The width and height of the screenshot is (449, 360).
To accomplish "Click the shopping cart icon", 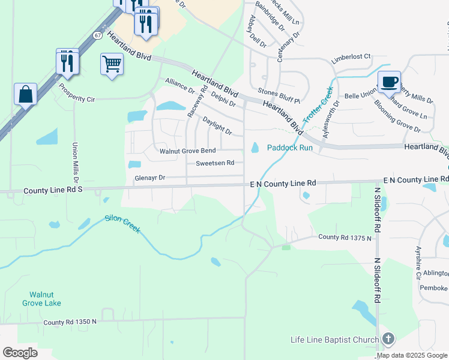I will (x=112, y=64).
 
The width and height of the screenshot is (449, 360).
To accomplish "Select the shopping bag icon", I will (x=26, y=94).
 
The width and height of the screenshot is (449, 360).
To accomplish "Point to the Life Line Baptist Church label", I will (x=334, y=340).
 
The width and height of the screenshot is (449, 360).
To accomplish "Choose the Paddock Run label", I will (x=290, y=148).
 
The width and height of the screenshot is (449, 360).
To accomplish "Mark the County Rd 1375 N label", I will (x=345, y=238).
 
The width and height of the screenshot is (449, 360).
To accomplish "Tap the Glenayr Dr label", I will (x=149, y=178).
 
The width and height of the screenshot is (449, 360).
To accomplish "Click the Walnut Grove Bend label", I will (x=187, y=151).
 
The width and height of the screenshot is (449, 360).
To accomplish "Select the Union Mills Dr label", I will (x=76, y=163).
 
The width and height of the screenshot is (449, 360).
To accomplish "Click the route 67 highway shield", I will (x=97, y=35).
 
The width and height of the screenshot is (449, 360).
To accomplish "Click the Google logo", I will (x=20, y=352).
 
